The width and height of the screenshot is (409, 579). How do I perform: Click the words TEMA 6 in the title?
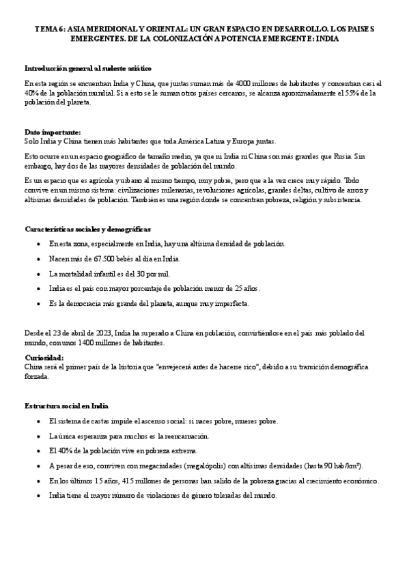46,29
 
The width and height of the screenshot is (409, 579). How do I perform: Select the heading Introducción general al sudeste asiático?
88,69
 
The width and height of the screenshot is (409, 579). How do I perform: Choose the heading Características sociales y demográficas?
88,229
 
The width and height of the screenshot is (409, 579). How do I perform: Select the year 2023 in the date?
98,333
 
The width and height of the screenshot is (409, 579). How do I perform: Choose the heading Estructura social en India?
67,406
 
